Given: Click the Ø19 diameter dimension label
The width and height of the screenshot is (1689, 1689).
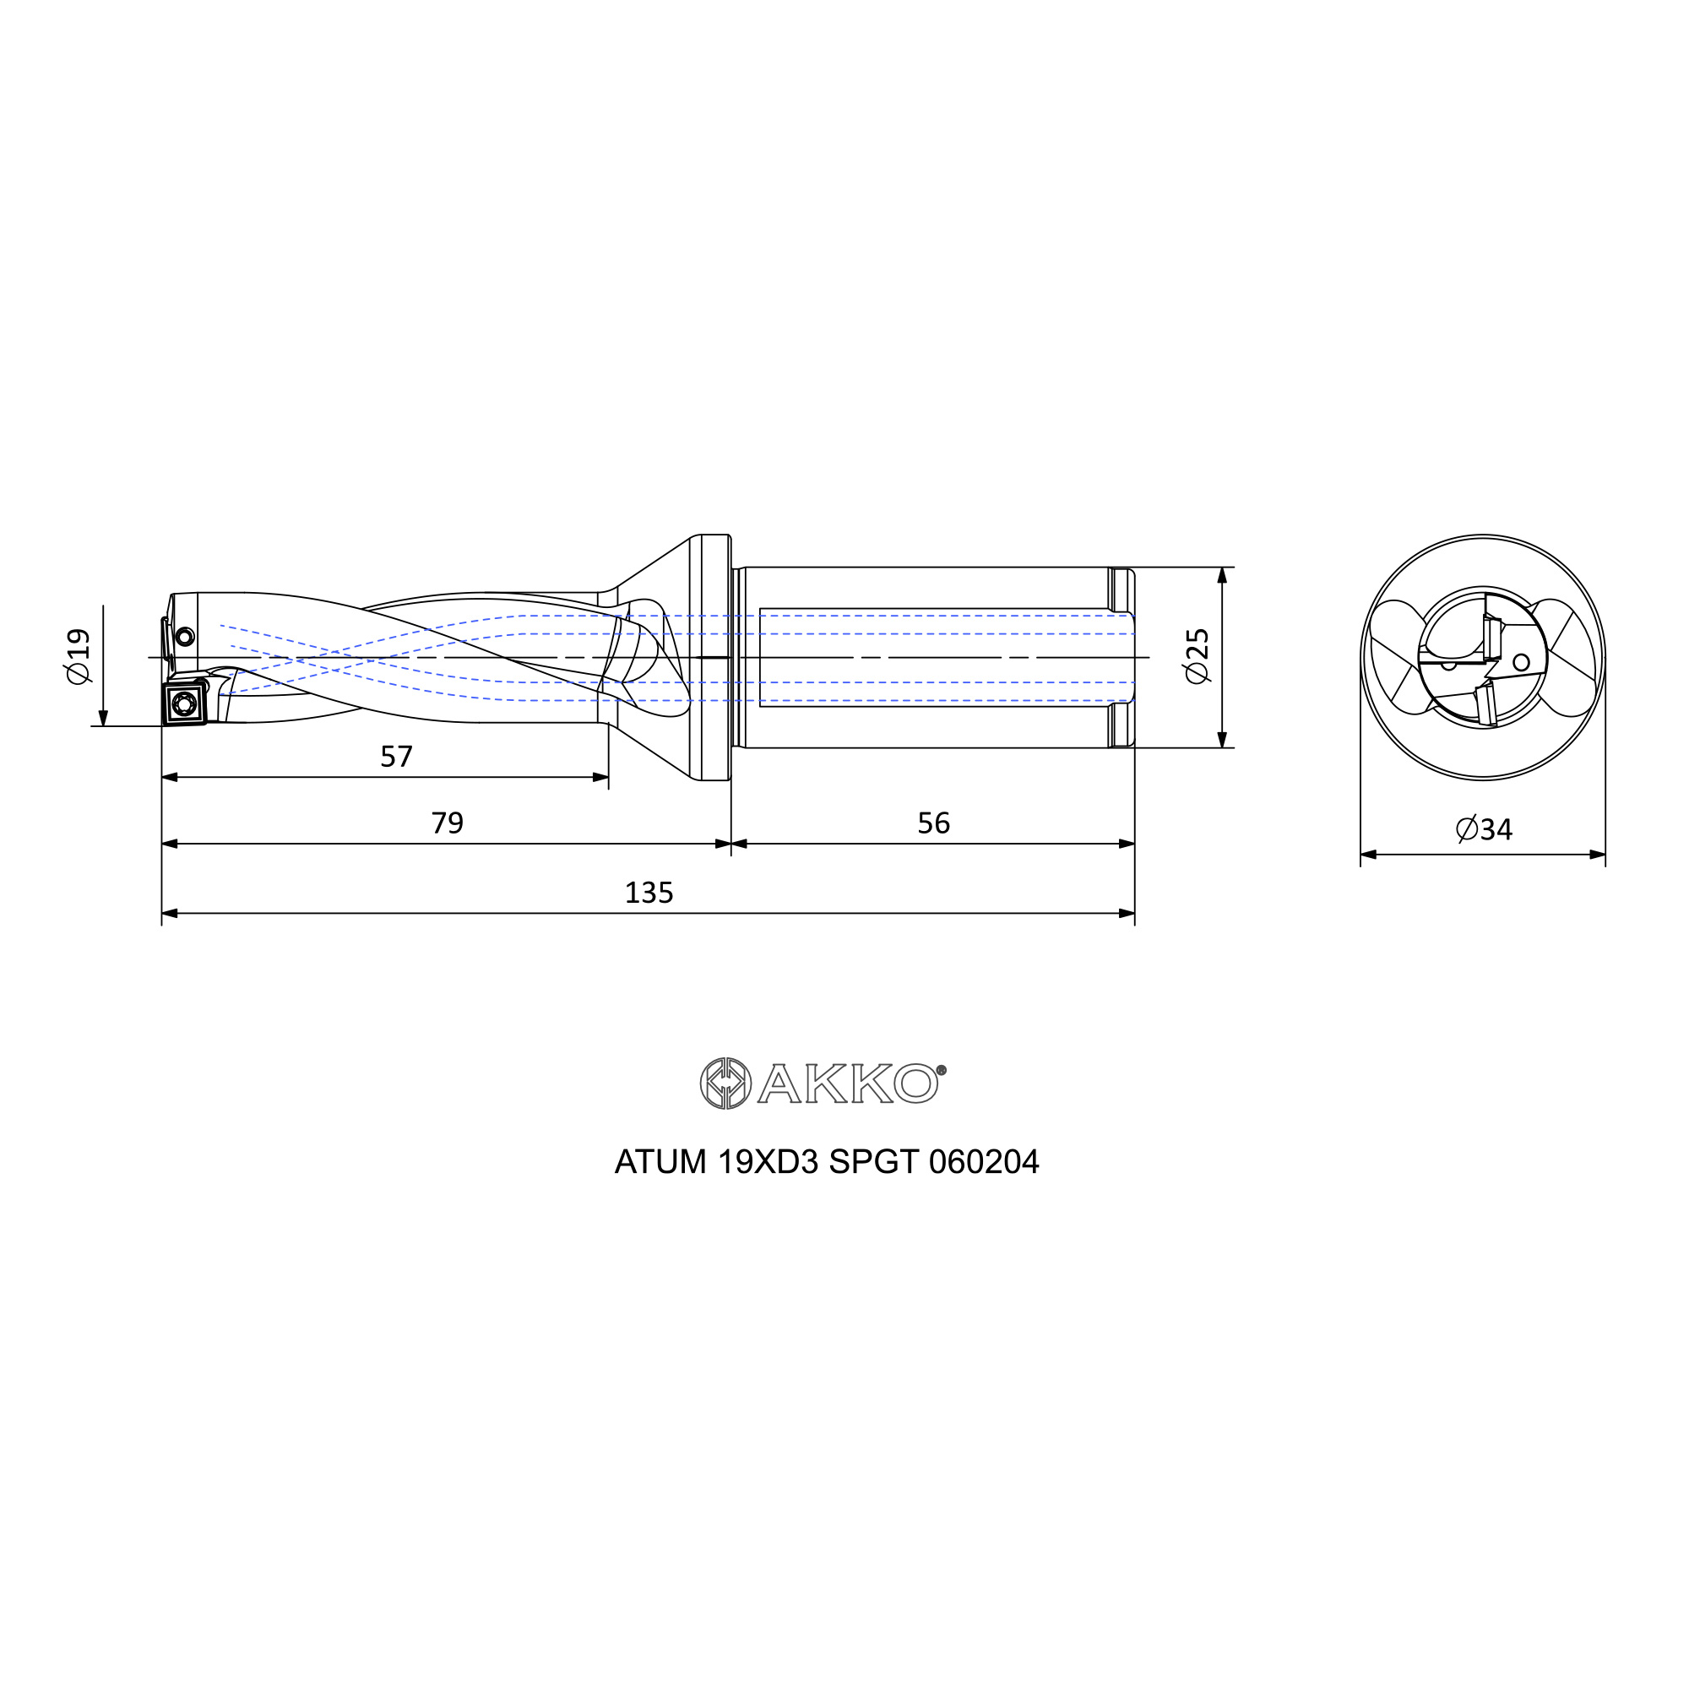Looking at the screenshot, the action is (78, 656).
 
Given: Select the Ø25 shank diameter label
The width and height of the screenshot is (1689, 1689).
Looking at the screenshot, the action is (1196, 656).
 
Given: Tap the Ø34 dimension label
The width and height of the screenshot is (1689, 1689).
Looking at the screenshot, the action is (1485, 828).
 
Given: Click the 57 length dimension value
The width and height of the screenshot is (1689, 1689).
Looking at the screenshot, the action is (396, 756).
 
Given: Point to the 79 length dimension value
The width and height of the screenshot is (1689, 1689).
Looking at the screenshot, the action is (447, 823).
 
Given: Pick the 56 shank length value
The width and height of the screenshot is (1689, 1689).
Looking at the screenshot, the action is (934, 823).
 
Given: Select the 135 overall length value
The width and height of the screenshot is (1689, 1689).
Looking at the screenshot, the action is (649, 893).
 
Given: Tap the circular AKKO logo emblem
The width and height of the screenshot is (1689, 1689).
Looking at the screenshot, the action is (725, 1084).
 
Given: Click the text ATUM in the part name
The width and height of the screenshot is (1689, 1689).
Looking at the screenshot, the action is (660, 1162).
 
